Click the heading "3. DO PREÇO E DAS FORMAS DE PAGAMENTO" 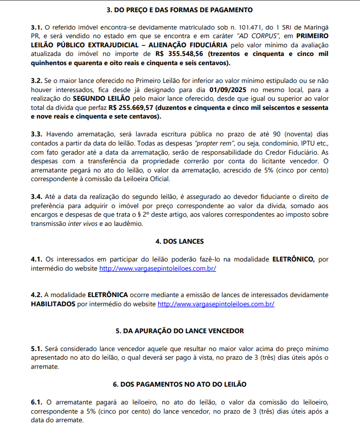[x=179, y=10]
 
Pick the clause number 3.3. [x=36, y=134]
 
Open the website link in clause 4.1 [x=158, y=268]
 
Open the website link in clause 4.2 [x=216, y=304]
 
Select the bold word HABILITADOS [x=52, y=304]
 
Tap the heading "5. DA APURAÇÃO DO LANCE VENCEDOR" [x=179, y=331]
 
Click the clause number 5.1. [x=36, y=348]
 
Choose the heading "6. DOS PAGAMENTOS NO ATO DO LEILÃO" [x=179, y=385]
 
